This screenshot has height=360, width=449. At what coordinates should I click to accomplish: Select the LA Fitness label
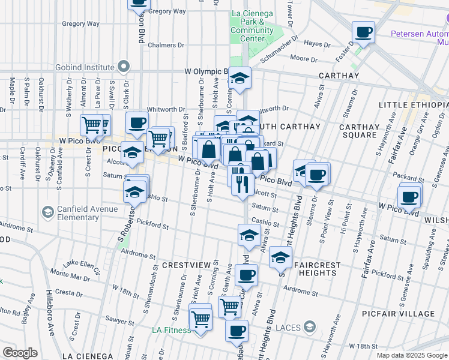click(171, 330)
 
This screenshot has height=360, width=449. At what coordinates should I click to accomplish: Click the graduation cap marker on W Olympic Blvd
click(239, 78)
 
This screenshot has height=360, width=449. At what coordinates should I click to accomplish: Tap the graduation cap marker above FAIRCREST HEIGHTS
click(280, 257)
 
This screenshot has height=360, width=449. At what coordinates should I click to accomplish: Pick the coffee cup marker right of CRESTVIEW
click(246, 275)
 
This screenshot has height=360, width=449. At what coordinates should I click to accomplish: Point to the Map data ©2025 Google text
click(412, 355)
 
